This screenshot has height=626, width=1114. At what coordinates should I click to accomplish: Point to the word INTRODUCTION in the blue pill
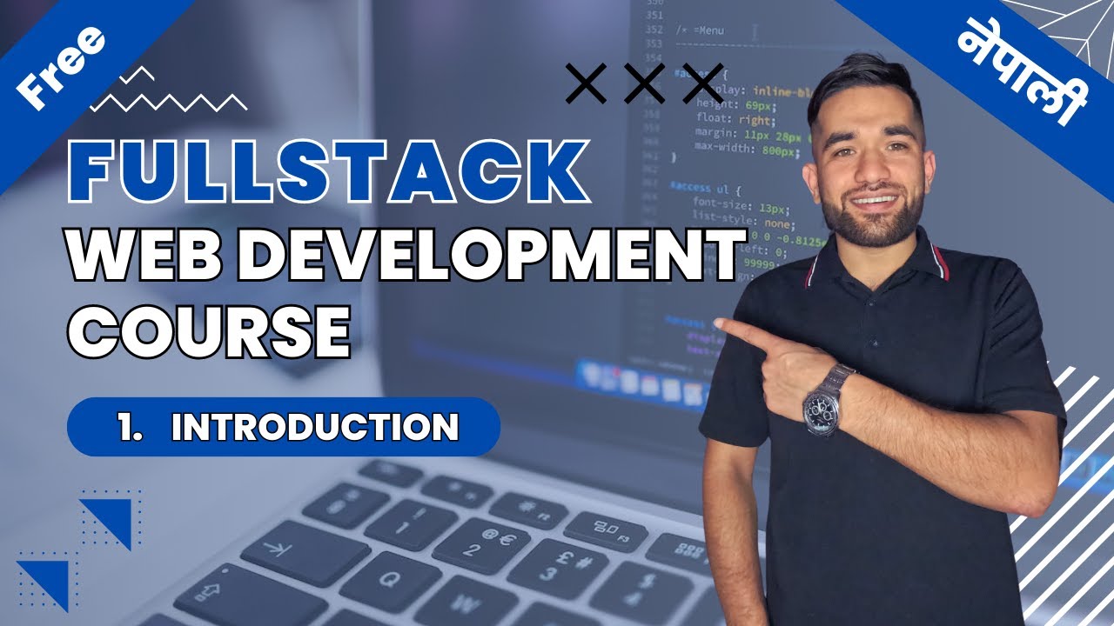click(x=315, y=427)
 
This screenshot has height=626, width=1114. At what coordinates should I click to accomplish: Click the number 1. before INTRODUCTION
click(x=131, y=427)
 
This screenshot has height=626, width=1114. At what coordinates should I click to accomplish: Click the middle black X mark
click(x=644, y=83)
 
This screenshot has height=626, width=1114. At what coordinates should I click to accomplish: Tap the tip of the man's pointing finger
click(x=720, y=325)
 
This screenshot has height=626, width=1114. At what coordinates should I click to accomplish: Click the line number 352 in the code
click(x=654, y=30)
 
